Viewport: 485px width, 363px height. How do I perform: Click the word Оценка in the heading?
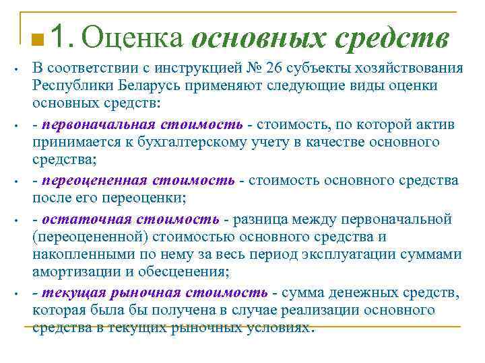coord(135,38)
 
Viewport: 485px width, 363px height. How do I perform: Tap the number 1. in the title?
coord(63,38)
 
